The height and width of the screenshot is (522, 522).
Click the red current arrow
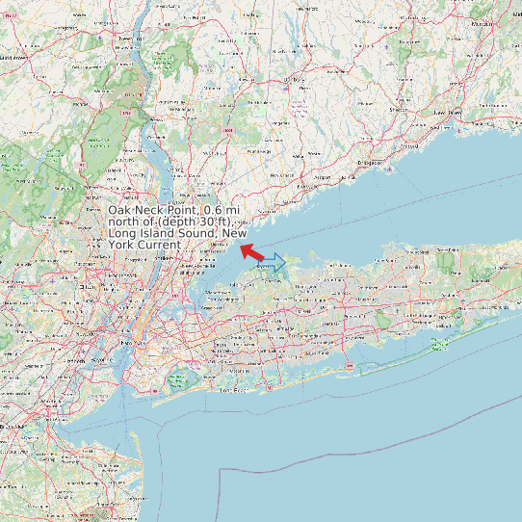[252, 252]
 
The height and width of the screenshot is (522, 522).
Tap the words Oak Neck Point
[153, 211]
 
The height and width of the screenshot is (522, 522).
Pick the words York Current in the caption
[144, 246]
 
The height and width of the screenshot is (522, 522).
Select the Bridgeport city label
[369, 165]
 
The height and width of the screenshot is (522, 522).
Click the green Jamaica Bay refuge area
[179, 381]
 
